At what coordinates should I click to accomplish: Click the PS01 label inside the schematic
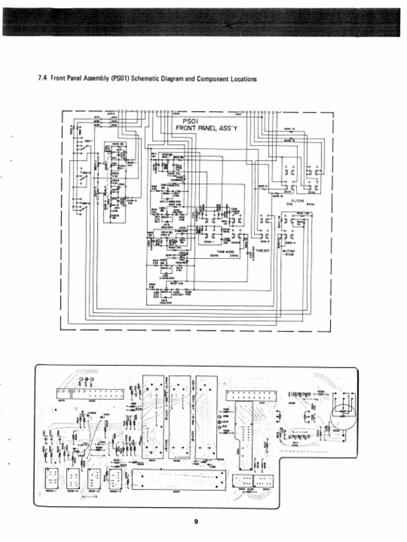click(190, 121)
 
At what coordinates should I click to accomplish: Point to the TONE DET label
click(263, 250)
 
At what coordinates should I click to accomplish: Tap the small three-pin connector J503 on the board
click(63, 394)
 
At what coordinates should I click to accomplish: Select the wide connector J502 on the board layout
click(97, 394)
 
